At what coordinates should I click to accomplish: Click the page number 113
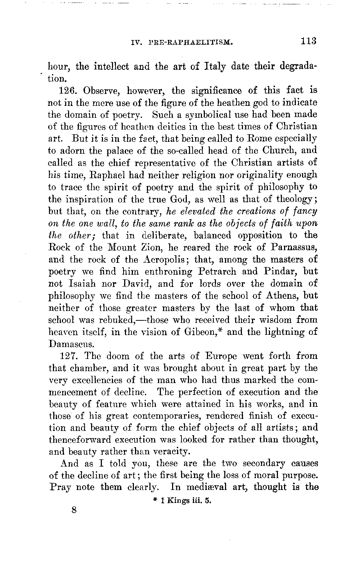[309, 41]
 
